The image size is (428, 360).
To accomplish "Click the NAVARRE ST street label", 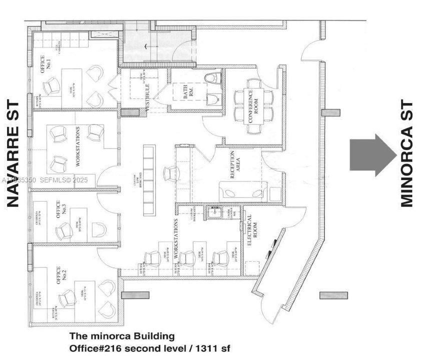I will [13, 153].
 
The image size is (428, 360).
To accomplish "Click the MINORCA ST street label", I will [407, 153].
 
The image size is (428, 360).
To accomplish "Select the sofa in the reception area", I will [243, 191].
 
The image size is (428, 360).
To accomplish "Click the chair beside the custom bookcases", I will [172, 173].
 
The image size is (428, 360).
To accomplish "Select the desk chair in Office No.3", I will [64, 231].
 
